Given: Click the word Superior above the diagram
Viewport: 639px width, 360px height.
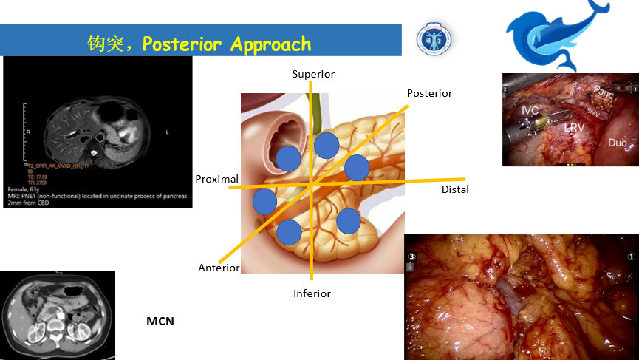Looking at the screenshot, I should (313, 74).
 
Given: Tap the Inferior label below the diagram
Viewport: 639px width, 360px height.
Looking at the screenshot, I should (312, 293).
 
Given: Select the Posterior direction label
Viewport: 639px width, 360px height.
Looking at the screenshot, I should (429, 93).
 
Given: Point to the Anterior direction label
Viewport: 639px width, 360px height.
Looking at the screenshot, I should (219, 268).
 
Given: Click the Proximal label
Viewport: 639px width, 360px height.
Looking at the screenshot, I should (216, 179).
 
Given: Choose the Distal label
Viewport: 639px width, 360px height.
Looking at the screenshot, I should (455, 189).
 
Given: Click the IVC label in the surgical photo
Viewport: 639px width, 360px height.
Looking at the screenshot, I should (530, 110).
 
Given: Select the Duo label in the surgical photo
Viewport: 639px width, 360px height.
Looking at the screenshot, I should (617, 142).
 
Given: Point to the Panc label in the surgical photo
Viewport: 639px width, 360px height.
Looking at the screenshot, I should (603, 93).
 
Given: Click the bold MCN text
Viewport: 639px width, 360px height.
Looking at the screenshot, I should (160, 322).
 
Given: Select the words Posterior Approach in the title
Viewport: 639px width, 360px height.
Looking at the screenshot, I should (227, 44).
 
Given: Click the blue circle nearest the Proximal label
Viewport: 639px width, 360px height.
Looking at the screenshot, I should (264, 201).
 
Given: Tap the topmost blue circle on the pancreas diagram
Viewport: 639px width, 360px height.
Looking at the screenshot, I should (326, 145).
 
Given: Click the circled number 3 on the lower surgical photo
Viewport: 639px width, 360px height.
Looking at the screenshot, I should (412, 258).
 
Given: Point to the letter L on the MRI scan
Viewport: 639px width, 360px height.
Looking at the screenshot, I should (168, 132).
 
